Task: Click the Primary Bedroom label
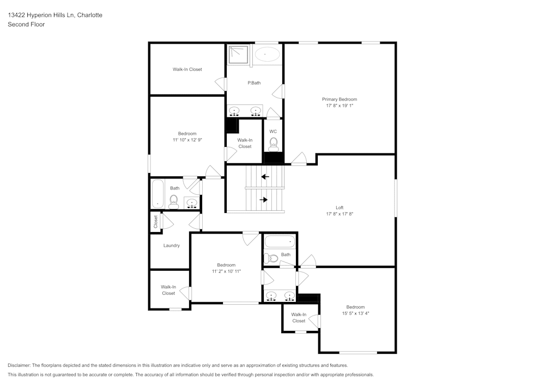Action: (x=339, y=99)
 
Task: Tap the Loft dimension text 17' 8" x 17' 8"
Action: (x=339, y=214)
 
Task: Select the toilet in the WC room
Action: (x=274, y=144)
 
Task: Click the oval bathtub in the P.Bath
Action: (x=268, y=54)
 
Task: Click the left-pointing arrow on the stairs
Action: (x=265, y=176)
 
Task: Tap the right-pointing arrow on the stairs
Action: (x=264, y=200)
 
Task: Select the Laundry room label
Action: (x=171, y=246)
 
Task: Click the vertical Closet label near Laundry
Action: (x=155, y=221)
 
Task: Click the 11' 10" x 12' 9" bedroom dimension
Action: (x=187, y=140)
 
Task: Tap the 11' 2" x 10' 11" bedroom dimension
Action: (x=226, y=271)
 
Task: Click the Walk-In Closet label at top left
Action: (x=187, y=69)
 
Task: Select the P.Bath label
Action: (x=254, y=83)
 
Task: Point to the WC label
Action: (x=273, y=131)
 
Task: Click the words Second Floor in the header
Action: (x=26, y=25)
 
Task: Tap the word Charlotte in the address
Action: (x=89, y=15)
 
